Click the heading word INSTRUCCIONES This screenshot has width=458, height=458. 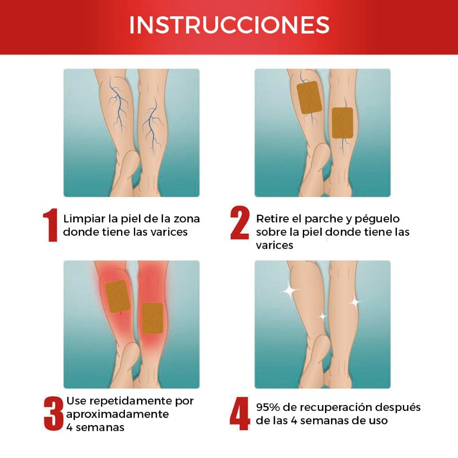tap(229, 25)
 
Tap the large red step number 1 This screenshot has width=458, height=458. tap(50, 225)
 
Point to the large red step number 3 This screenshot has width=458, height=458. tap(53, 414)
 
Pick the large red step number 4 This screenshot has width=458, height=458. tap(240, 414)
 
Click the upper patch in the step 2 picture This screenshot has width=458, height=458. tap(310, 97)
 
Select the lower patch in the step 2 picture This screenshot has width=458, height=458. tap(342, 122)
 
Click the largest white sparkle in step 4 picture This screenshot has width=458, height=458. tap(290, 291)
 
